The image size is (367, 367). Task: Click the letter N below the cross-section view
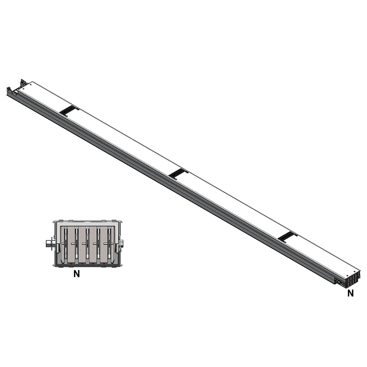(77, 274)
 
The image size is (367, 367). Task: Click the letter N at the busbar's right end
(350, 294)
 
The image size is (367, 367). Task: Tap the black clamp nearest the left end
(69, 111)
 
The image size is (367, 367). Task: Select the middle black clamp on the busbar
(178, 173)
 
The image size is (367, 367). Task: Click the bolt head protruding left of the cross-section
(49, 244)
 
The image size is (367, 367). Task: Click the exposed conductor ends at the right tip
(354, 278)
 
